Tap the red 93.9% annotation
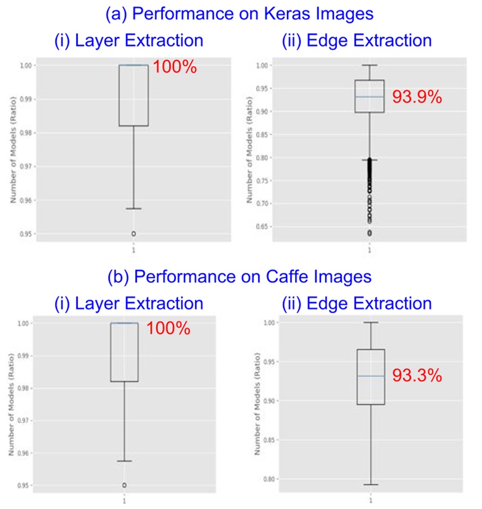417,97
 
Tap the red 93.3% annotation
417,375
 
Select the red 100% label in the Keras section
175,67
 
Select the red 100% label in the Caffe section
168,328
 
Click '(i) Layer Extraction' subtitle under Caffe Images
129,303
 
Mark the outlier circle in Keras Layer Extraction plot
133,233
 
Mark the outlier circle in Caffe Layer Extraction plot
124,485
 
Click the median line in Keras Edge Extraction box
369,97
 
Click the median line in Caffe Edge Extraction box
371,376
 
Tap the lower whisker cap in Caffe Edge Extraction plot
371,484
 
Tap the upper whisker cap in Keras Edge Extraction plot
369,65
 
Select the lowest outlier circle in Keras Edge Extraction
369,233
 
